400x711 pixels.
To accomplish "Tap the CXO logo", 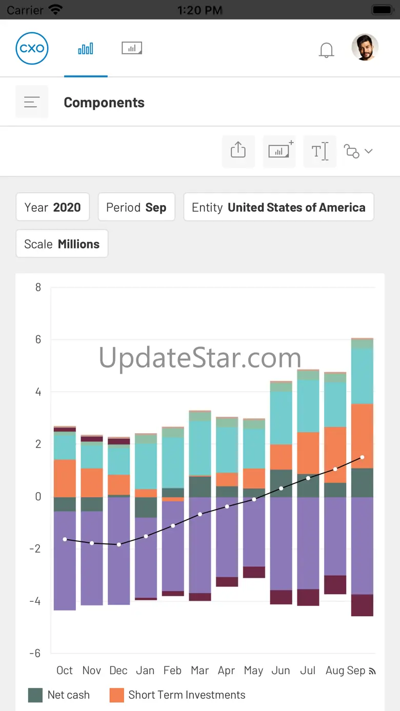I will (x=32, y=49).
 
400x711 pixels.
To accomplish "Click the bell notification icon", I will (x=326, y=50).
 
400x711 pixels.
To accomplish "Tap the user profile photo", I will (x=365, y=48).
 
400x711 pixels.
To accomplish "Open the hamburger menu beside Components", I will (x=32, y=102).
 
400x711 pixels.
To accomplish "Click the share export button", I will (x=238, y=151).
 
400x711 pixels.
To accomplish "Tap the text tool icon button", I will (x=319, y=151).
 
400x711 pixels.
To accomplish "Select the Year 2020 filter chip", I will (x=53, y=207).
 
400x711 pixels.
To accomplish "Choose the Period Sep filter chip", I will (x=136, y=207).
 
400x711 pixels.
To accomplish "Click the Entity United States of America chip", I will (x=278, y=207).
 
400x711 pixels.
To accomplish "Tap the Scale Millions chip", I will (x=62, y=244).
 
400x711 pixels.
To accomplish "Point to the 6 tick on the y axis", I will (x=38, y=339).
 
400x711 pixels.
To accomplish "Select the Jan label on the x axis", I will (x=145, y=671).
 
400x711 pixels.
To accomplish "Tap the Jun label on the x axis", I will (x=281, y=671).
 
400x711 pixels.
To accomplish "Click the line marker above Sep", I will (x=362, y=457).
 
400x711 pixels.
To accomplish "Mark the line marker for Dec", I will (x=119, y=544).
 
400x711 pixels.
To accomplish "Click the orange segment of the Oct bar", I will (x=65, y=478).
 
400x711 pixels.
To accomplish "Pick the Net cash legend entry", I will (x=59, y=695).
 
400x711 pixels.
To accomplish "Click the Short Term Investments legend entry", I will (x=177, y=695).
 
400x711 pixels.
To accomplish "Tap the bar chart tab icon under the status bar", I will (x=86, y=49).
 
